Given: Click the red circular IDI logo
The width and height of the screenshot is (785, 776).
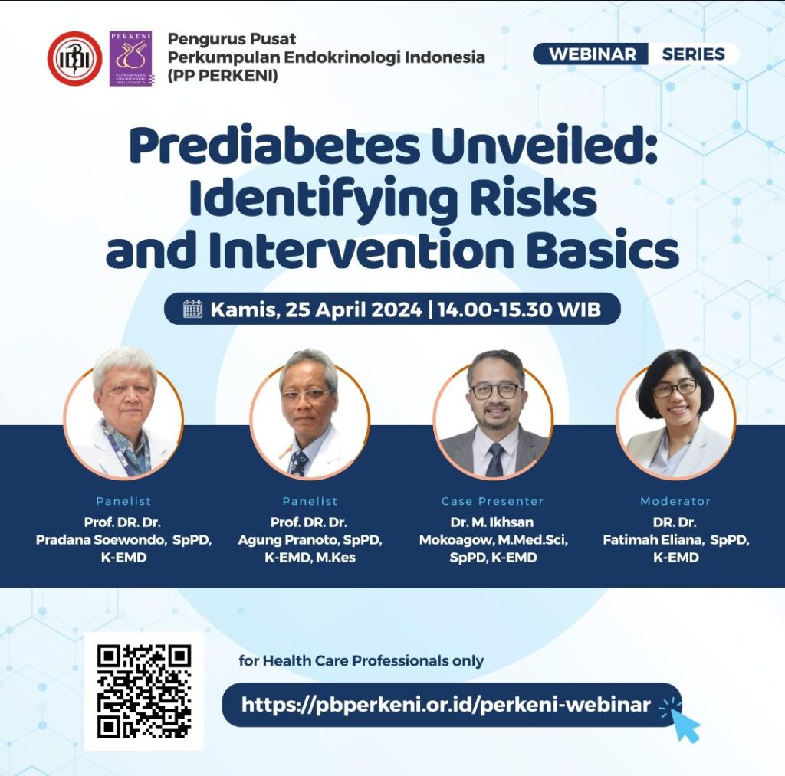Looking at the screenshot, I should pos(74,58).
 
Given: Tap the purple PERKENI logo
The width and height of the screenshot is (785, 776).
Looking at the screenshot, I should pos(130,58).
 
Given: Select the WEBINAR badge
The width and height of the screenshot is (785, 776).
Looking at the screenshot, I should pos(593,54).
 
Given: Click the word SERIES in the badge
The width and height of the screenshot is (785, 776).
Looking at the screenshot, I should pos(693,54).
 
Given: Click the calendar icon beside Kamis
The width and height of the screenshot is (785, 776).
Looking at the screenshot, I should pos(192,309).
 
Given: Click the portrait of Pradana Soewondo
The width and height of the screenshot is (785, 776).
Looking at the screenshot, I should pos(123,415).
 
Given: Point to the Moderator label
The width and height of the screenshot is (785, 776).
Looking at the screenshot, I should pos(675,501).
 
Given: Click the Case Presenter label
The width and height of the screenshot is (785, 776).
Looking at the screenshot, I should pos(492,501).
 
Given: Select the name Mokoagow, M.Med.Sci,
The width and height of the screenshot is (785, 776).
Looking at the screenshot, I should pos(492,540).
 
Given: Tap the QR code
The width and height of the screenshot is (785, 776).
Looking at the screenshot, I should pos(144,691).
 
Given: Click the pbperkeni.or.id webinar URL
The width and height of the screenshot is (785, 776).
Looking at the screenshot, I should pos(446,705).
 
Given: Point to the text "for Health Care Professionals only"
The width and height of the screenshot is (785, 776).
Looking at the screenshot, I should pos(361,660).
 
